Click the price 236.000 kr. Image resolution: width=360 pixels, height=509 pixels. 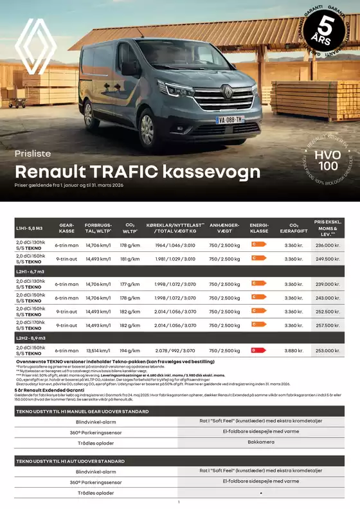(x=328, y=245)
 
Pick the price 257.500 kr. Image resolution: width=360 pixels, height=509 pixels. (x=328, y=325)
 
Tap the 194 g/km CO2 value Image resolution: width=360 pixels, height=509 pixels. (x=129, y=350)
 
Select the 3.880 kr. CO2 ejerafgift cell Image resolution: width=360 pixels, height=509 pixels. (x=293, y=350)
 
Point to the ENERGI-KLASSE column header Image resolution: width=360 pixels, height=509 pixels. (x=258, y=229)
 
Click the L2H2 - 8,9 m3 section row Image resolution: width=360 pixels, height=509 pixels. (x=32, y=337)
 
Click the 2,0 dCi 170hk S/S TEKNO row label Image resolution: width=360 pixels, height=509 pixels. (x=31, y=325)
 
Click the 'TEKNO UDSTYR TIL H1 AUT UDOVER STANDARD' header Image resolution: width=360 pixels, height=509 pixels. (x=71, y=461)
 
